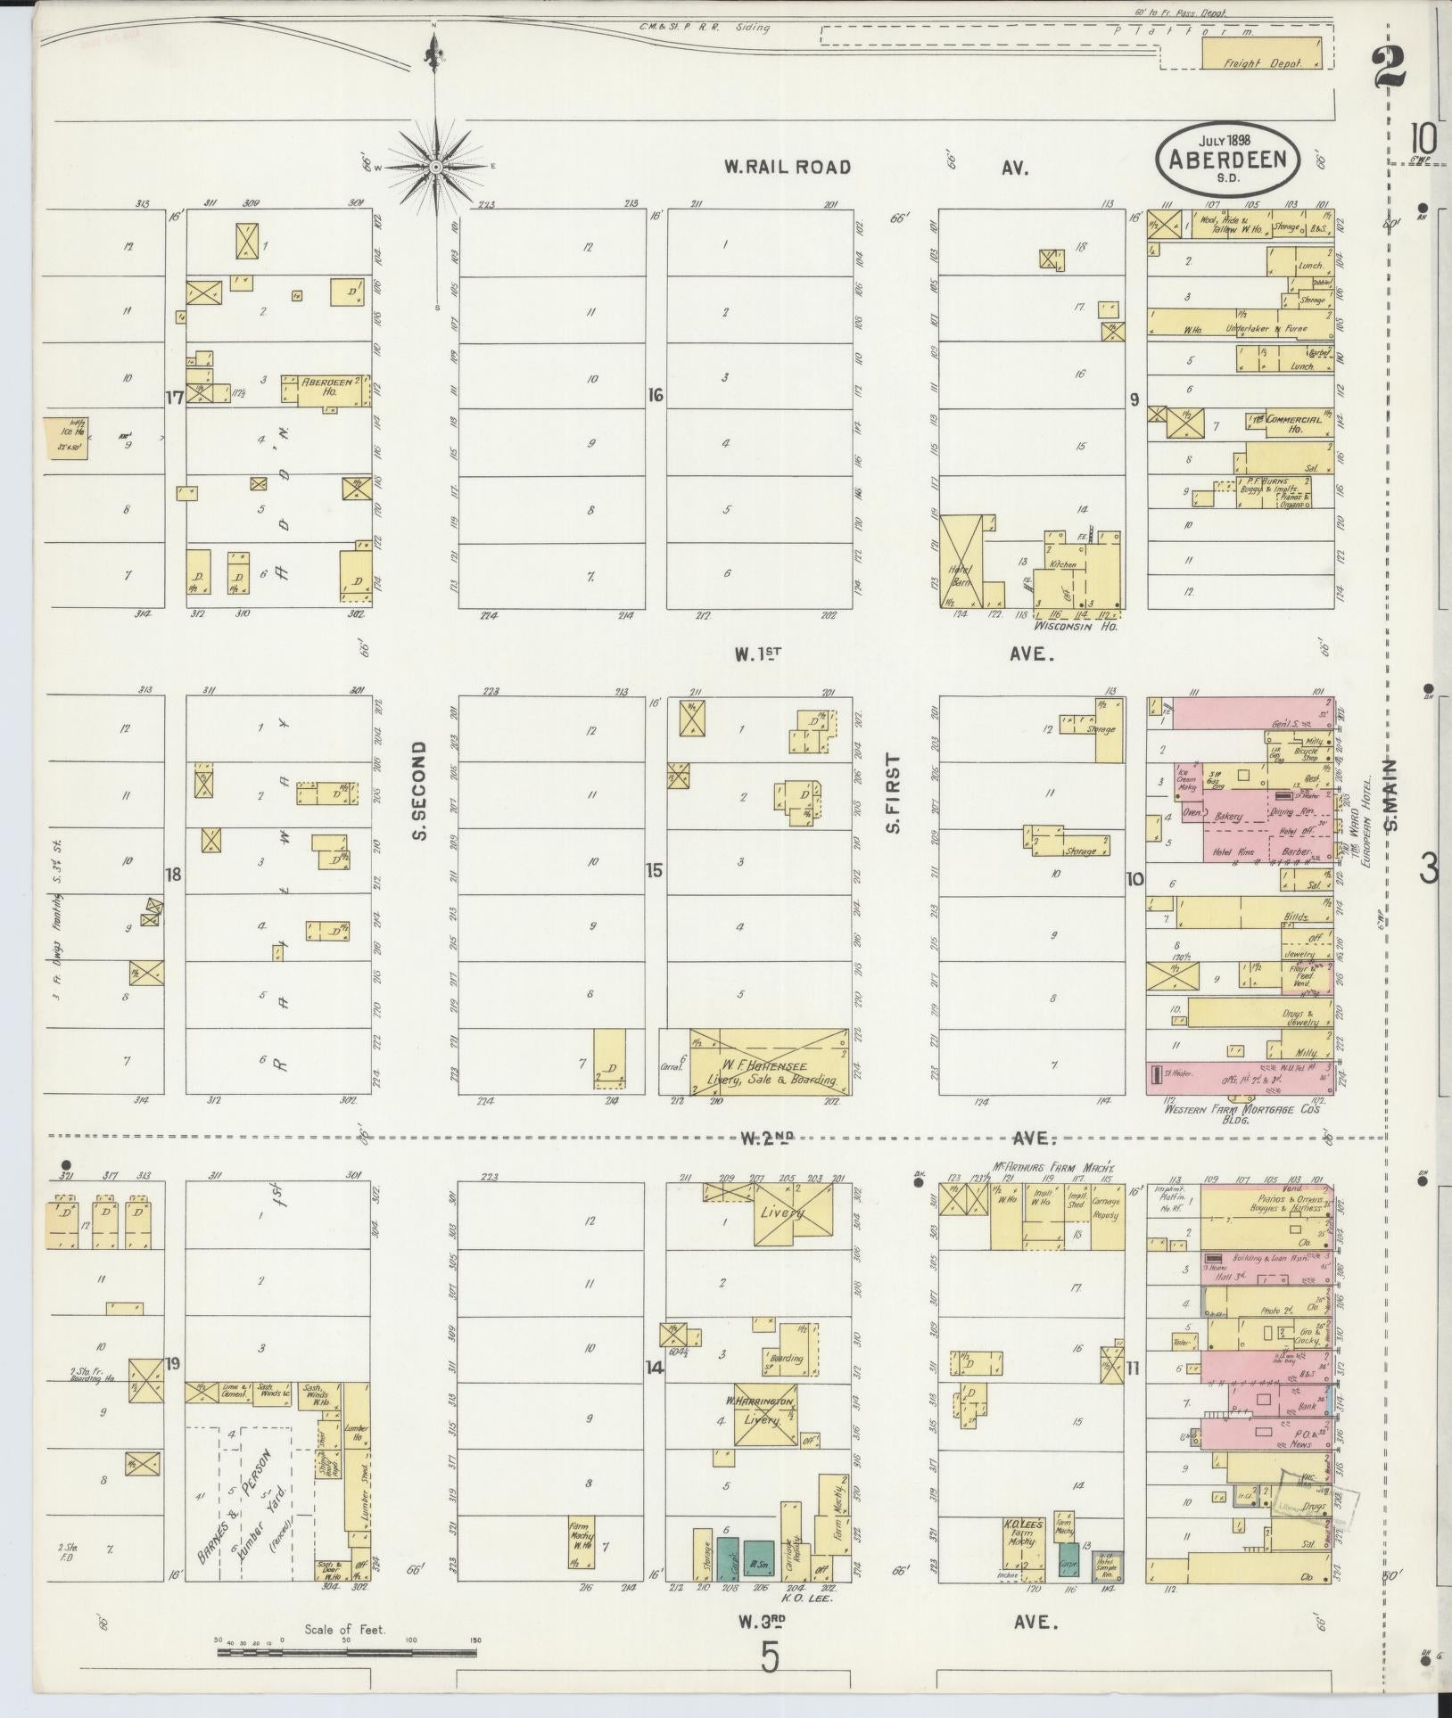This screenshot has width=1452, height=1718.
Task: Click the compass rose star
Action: point(436,167)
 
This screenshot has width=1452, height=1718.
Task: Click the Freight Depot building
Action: point(1262,53)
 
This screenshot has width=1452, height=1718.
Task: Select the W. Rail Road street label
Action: point(787,167)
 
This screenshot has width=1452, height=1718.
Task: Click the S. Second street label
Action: point(422,791)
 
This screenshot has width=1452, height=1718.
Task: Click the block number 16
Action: point(656,395)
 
